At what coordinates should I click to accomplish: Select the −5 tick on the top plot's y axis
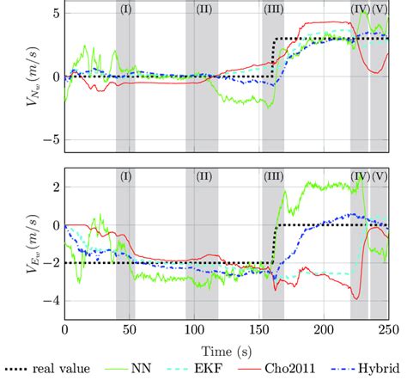(x=52, y=138)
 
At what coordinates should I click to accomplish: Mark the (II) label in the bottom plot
(x=203, y=177)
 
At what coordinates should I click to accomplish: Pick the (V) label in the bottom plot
(x=379, y=177)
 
